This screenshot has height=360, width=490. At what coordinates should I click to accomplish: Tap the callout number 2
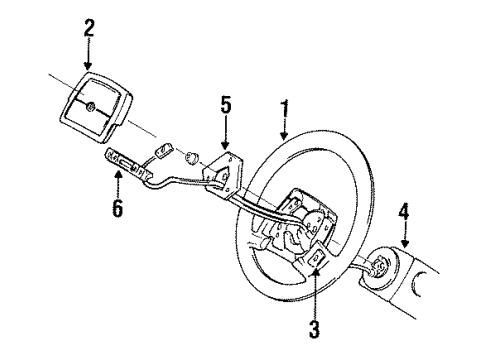89,28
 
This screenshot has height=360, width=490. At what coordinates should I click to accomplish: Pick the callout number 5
226,104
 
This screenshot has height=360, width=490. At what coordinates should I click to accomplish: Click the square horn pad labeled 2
96,109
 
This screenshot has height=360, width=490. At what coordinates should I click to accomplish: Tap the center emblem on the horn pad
90,107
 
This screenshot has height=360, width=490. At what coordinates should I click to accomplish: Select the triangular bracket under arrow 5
224,168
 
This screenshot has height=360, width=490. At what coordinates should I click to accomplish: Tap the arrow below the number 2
89,51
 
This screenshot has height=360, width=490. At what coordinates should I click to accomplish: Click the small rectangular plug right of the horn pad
161,152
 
